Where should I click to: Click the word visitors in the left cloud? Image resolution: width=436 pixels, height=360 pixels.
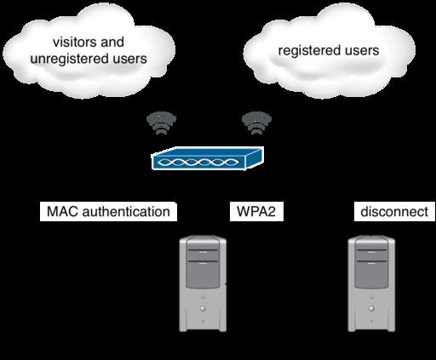click(x=75, y=43)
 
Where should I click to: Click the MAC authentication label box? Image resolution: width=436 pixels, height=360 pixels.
click(x=108, y=212)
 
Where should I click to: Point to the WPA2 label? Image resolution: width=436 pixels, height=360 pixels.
click(x=256, y=212)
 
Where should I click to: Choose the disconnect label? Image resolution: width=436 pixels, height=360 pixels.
click(x=394, y=212)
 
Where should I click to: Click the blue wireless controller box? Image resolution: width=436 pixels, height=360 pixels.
click(x=208, y=158)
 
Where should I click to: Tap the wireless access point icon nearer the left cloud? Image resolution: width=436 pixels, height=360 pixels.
click(x=161, y=123)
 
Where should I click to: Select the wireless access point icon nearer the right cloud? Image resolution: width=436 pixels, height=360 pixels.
click(x=256, y=123)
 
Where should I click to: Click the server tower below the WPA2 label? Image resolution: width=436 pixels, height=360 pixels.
click(x=203, y=283)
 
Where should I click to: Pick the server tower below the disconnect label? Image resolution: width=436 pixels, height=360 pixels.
click(x=371, y=283)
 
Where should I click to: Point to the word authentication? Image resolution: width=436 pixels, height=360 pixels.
click(x=126, y=212)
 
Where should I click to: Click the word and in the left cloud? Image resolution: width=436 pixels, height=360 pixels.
click(x=112, y=43)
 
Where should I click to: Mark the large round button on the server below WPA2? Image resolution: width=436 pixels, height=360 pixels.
click(x=203, y=308)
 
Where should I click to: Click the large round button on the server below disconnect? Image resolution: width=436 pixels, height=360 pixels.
click(x=371, y=308)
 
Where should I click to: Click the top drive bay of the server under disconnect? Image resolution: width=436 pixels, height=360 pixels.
click(x=371, y=255)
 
